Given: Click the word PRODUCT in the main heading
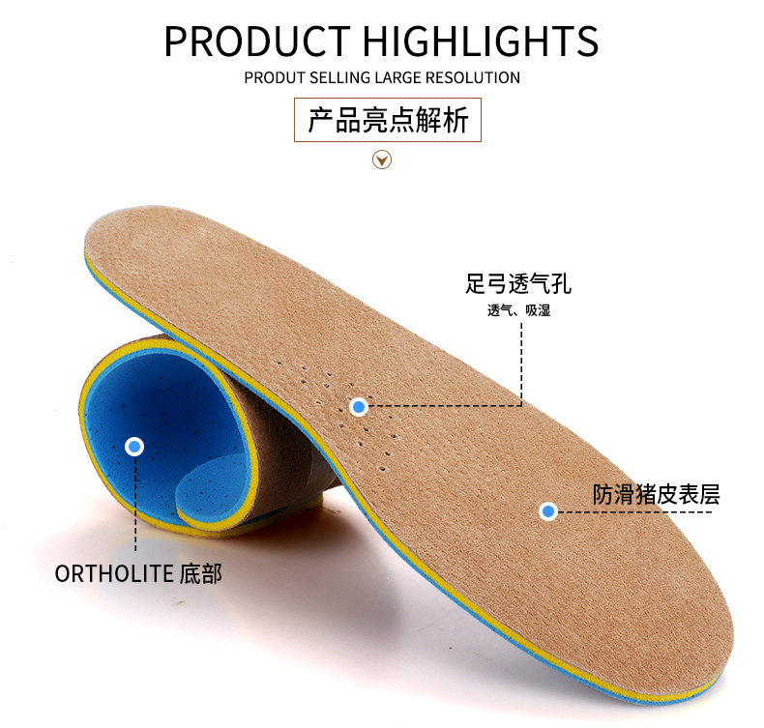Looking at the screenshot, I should [257, 42].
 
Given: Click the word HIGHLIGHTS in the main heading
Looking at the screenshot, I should [481, 42].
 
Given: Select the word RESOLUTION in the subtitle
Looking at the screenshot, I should [474, 77].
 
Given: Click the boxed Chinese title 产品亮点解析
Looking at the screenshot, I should [387, 121].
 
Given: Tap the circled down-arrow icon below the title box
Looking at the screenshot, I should [382, 160].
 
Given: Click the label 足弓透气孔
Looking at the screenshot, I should [518, 284].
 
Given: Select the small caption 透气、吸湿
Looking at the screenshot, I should [518, 311].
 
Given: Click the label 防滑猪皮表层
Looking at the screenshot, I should [657, 495].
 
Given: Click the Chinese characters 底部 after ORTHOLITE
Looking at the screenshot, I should [201, 573].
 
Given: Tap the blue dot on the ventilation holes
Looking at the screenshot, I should [359, 407].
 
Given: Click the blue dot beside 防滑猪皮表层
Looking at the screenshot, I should [548, 510].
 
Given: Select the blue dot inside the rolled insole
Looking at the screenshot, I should [134, 447].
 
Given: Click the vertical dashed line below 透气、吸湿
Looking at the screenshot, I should [521, 363].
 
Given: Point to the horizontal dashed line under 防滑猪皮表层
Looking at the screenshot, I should [638, 511].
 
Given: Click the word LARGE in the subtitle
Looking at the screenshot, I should [401, 77].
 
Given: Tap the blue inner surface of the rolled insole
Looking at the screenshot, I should [169, 406].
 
